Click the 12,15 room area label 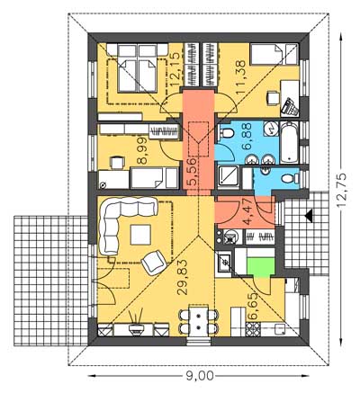click(175, 69)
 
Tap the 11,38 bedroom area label click(241, 77)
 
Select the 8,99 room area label click(142, 151)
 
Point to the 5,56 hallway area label click(193, 171)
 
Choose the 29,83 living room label click(182, 277)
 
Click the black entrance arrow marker click(308, 216)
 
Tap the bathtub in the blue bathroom click(289, 142)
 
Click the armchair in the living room click(154, 263)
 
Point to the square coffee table click(140, 235)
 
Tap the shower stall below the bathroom click(229, 178)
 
